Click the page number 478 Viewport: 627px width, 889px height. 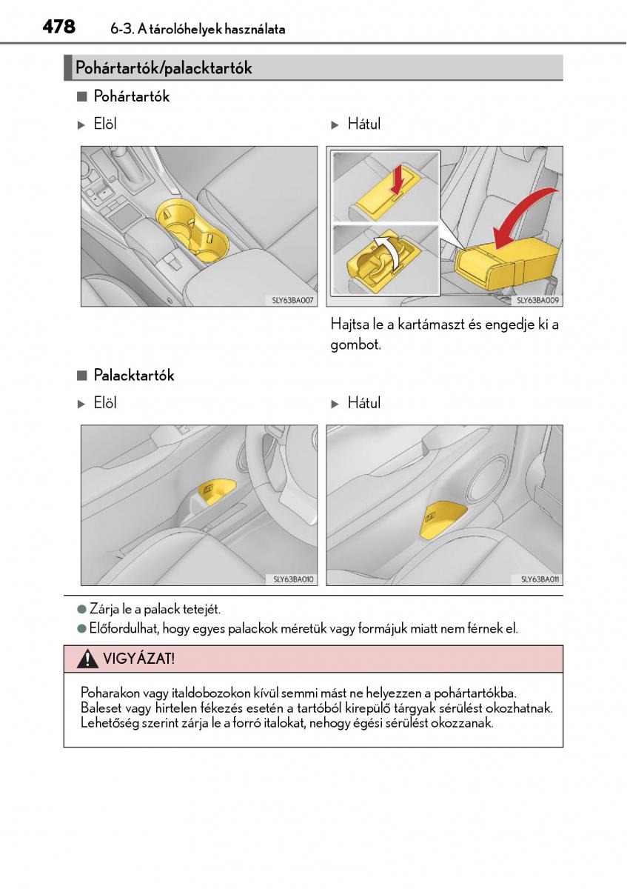click(58, 27)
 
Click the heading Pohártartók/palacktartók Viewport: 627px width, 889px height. click(164, 68)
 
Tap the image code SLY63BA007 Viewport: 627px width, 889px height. click(295, 301)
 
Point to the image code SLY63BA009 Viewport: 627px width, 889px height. click(538, 301)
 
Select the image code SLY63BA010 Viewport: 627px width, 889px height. click(295, 579)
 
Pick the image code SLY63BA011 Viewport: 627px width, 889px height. click(540, 579)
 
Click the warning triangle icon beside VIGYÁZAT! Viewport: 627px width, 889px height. click(88, 658)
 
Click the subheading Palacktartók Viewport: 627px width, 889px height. click(133, 376)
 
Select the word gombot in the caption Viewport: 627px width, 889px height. click(355, 344)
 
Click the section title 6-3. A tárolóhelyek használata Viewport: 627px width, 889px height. click(198, 30)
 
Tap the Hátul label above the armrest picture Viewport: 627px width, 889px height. click(363, 124)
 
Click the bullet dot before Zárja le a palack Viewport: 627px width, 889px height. click(82, 609)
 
